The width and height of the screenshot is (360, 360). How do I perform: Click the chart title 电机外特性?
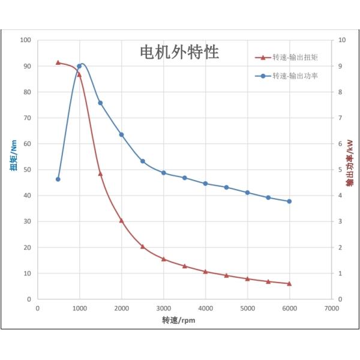point(179,52)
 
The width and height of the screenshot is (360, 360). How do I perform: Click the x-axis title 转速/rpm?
point(178,320)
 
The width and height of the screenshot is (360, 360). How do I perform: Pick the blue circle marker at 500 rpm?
point(58,179)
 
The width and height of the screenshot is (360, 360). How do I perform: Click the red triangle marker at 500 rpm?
point(58,62)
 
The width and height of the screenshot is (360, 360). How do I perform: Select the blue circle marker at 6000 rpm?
point(289,201)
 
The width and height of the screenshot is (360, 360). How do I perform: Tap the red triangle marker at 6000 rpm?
point(289,283)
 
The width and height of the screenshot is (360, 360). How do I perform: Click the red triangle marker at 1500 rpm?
point(100,173)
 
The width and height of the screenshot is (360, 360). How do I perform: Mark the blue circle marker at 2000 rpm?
point(121,134)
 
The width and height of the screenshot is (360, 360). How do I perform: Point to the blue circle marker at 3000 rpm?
point(163,173)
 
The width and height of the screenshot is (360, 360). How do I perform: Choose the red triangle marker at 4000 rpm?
point(205,271)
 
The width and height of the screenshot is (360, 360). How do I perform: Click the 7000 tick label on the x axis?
point(331,308)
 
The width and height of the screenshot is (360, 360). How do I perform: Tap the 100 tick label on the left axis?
point(25,40)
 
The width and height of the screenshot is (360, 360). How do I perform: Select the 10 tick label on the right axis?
point(342,40)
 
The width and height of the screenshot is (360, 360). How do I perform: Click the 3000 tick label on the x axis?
point(163,308)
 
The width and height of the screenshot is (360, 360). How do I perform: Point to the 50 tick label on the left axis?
point(27,170)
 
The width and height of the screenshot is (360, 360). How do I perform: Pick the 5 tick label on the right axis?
point(341,170)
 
